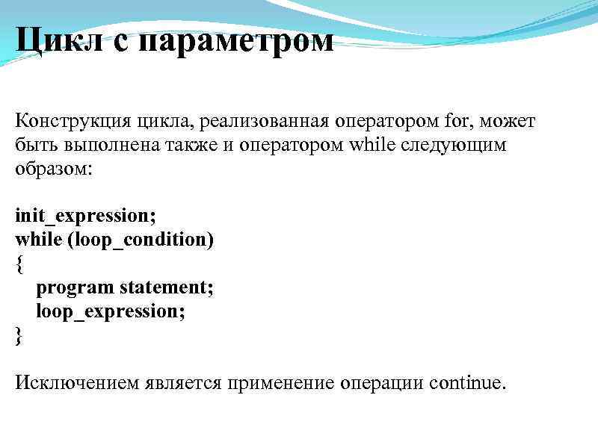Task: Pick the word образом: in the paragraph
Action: (x=54, y=169)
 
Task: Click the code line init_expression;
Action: (x=85, y=217)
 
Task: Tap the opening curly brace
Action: (x=19, y=264)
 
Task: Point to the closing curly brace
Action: (x=19, y=336)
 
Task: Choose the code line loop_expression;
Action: (x=111, y=312)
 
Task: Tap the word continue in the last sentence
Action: (x=466, y=384)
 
